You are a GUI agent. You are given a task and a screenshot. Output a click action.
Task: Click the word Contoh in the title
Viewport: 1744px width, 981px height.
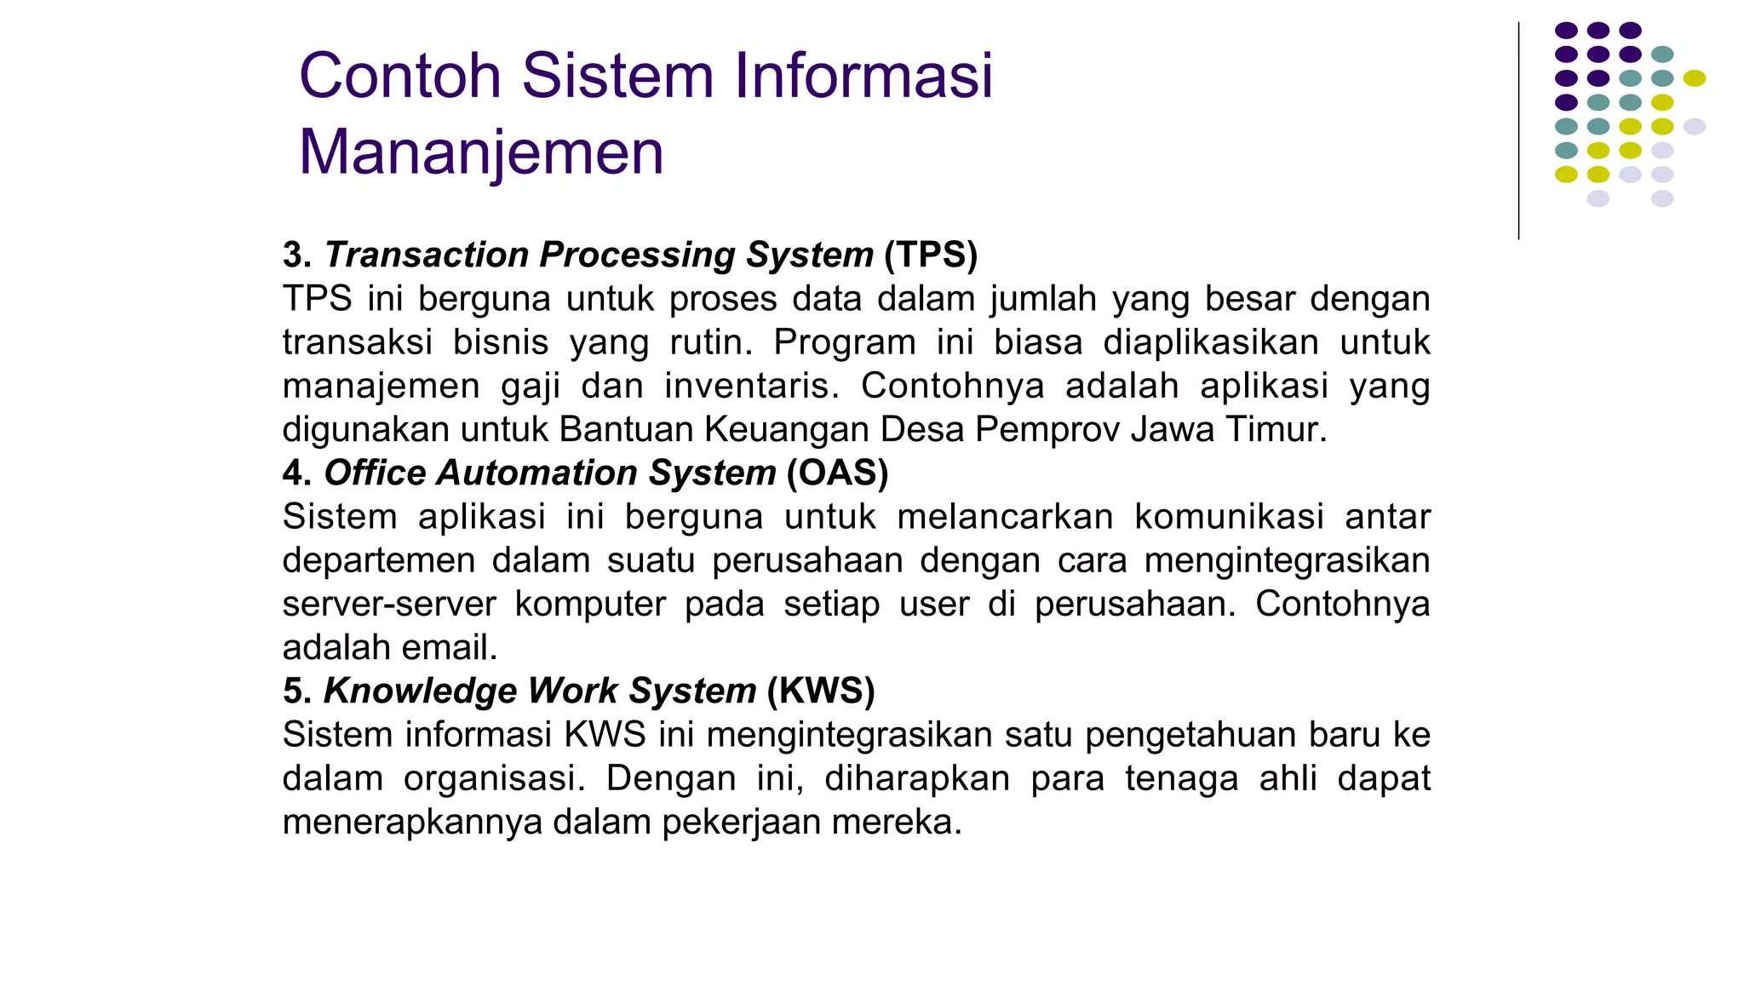tap(400, 76)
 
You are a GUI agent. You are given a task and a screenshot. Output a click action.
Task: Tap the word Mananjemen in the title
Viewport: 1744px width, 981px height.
tap(481, 152)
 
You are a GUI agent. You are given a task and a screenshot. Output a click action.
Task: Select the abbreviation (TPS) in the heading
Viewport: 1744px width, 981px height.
tap(931, 255)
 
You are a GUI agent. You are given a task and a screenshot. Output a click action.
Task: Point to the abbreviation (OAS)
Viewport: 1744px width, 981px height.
tap(837, 473)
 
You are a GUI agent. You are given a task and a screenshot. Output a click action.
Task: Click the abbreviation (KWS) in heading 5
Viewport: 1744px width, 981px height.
tap(821, 691)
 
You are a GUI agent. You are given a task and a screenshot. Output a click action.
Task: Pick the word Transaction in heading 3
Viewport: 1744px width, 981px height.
tap(427, 255)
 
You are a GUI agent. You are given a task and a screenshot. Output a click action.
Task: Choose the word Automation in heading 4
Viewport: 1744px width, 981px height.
tap(536, 473)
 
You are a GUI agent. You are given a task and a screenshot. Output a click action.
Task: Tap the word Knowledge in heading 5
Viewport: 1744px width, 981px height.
tap(420, 691)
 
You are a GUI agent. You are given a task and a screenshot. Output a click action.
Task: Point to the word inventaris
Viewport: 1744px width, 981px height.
tap(752, 386)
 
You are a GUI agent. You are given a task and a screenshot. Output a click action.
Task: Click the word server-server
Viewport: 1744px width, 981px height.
tap(389, 604)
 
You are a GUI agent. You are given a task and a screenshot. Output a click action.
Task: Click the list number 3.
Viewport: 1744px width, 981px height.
tap(295, 255)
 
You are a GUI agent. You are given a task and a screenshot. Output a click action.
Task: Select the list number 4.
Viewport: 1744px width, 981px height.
tap(295, 473)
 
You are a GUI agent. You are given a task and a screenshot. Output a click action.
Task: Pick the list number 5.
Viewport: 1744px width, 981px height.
tap(295, 691)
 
